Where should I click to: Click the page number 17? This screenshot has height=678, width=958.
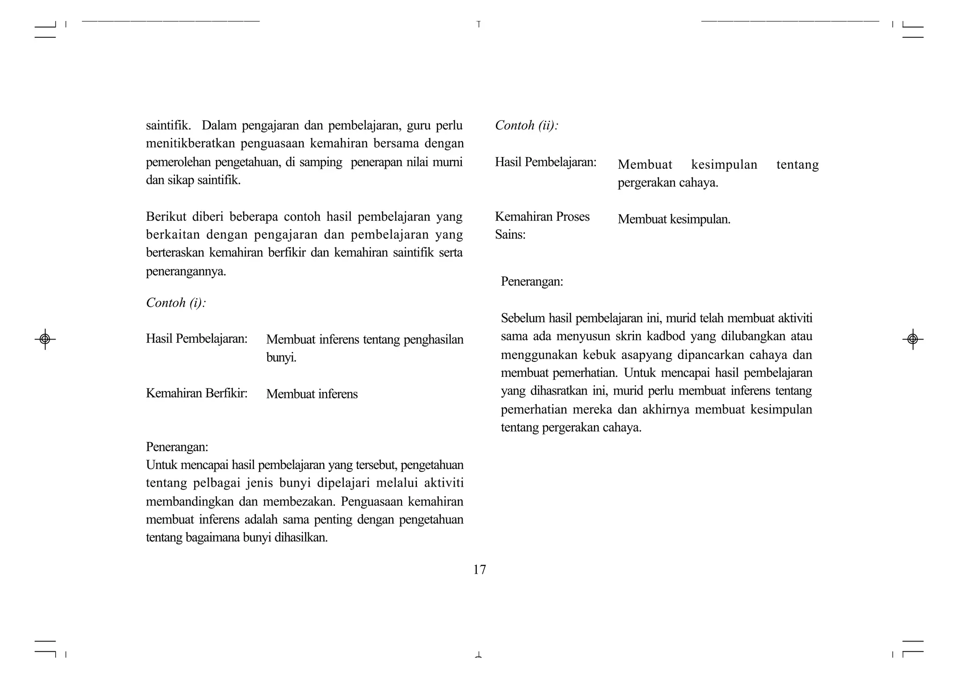point(479,570)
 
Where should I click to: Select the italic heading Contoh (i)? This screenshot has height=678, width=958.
point(176,303)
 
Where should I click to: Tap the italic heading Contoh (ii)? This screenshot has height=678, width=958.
point(527,125)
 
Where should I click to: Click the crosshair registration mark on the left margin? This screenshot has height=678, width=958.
point(45,339)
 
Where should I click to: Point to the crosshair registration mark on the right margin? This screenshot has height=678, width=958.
point(912,339)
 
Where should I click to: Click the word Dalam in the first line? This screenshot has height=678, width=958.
point(220,125)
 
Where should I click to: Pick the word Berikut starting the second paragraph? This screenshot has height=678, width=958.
point(166,216)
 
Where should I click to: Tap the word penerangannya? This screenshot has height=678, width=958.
point(186,272)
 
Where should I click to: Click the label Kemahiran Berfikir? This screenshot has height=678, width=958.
point(196,393)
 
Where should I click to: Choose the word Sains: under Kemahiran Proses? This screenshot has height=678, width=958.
point(510,235)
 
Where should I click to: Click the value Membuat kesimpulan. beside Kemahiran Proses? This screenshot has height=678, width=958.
point(674,219)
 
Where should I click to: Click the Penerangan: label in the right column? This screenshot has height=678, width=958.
point(532,281)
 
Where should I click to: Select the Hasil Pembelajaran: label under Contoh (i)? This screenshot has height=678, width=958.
point(196,339)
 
